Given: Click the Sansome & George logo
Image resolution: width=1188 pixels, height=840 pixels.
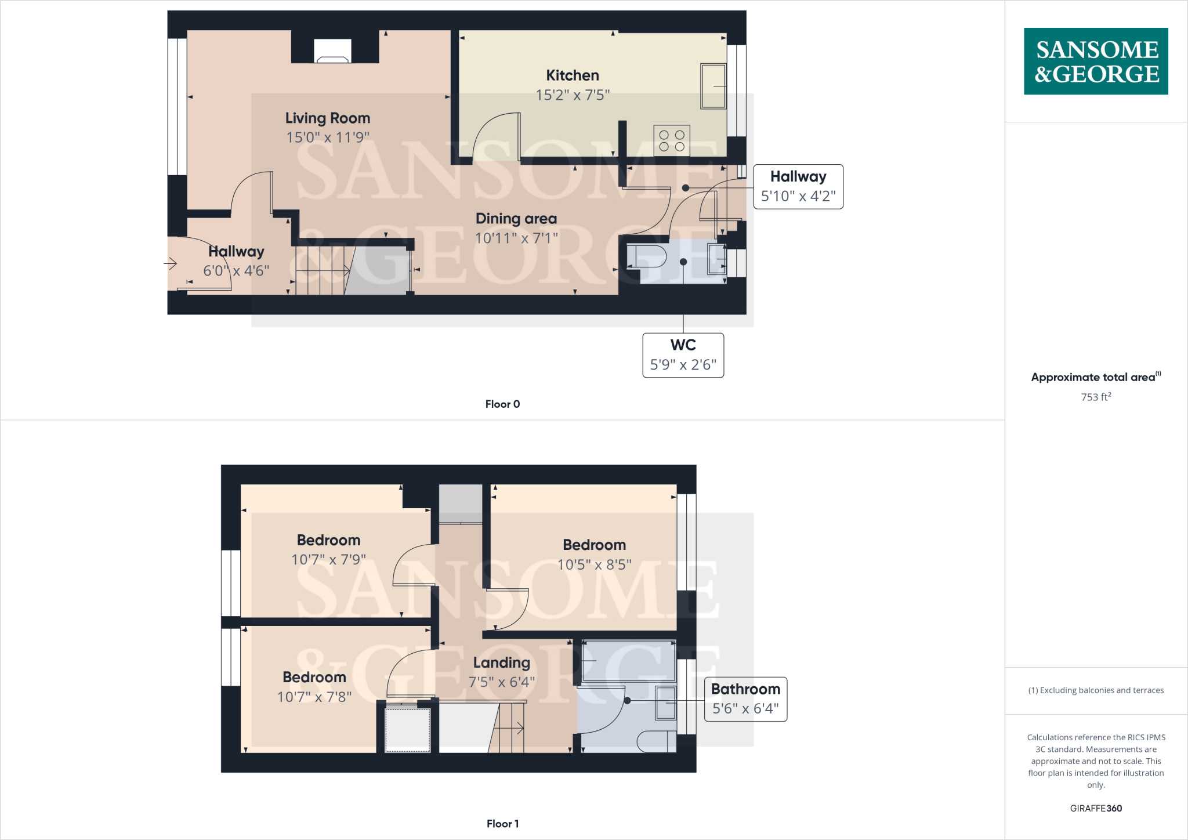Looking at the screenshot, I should click(x=1096, y=61).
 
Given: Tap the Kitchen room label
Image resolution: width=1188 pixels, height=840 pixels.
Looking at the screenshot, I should click(x=572, y=75).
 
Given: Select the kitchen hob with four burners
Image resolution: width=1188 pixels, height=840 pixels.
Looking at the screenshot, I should click(x=672, y=140).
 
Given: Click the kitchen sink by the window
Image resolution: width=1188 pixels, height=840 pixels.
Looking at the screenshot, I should click(x=713, y=86).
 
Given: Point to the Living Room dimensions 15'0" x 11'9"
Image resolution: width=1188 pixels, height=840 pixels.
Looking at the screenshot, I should click(x=328, y=137).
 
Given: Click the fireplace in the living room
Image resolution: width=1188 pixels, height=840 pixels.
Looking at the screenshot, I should click(x=332, y=51).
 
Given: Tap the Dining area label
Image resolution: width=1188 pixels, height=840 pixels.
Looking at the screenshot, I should click(x=516, y=219).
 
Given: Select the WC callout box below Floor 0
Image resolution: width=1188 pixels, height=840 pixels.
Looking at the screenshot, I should click(x=683, y=355).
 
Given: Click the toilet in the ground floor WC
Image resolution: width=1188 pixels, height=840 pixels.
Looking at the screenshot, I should click(x=647, y=256).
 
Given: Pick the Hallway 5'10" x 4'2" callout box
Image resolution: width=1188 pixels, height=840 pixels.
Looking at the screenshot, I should click(x=798, y=186).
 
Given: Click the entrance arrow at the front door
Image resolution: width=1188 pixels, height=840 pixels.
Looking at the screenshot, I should click(x=171, y=264).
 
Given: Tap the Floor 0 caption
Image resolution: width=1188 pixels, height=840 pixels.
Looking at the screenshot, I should click(x=502, y=404).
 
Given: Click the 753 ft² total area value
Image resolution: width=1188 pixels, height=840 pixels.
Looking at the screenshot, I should click(x=1095, y=397).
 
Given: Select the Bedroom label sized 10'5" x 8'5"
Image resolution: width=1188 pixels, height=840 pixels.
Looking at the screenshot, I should click(x=594, y=545).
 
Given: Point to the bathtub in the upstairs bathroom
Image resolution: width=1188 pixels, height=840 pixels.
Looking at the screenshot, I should click(x=629, y=661).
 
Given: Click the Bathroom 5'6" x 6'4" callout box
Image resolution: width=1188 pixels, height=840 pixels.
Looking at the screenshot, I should click(x=745, y=699).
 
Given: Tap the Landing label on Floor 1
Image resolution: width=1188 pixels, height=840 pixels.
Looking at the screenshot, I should click(x=501, y=662).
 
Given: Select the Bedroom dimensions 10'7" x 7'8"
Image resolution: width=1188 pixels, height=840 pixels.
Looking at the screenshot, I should click(x=314, y=697).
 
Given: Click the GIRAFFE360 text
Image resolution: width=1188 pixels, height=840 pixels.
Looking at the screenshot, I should click(x=1095, y=808).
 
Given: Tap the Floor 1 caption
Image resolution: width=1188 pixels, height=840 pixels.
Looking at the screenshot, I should click(x=502, y=824).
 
